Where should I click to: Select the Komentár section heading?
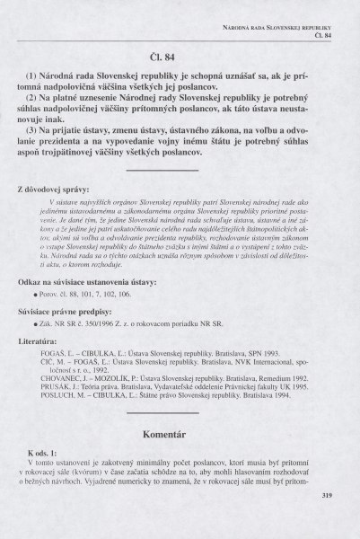point(180,409)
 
